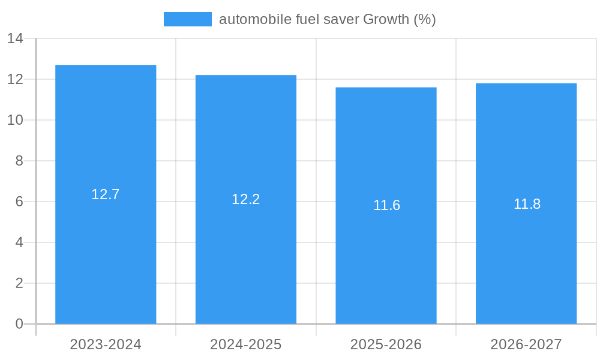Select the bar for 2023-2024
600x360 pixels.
click(x=106, y=252)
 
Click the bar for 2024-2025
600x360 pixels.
click(x=246, y=258)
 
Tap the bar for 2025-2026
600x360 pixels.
click(x=386, y=264)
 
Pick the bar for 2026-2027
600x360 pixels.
click(x=526, y=264)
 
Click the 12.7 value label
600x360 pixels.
click(x=106, y=194)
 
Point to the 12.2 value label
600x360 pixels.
click(x=246, y=199)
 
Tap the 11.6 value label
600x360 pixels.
click(x=386, y=205)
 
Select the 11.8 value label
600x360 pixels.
click(x=527, y=204)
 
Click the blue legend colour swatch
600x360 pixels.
click(x=187, y=19)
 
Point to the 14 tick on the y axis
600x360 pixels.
click(x=15, y=38)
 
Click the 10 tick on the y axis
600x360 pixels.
click(x=15, y=120)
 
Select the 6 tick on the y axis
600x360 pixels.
click(x=19, y=202)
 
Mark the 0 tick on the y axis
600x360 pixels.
click(x=19, y=324)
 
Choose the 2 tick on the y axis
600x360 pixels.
click(x=19, y=283)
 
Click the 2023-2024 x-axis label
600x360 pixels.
click(x=106, y=344)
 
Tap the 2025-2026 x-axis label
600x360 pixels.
click(x=386, y=344)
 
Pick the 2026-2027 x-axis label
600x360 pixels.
click(x=526, y=344)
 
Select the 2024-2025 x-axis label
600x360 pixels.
click(x=246, y=344)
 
